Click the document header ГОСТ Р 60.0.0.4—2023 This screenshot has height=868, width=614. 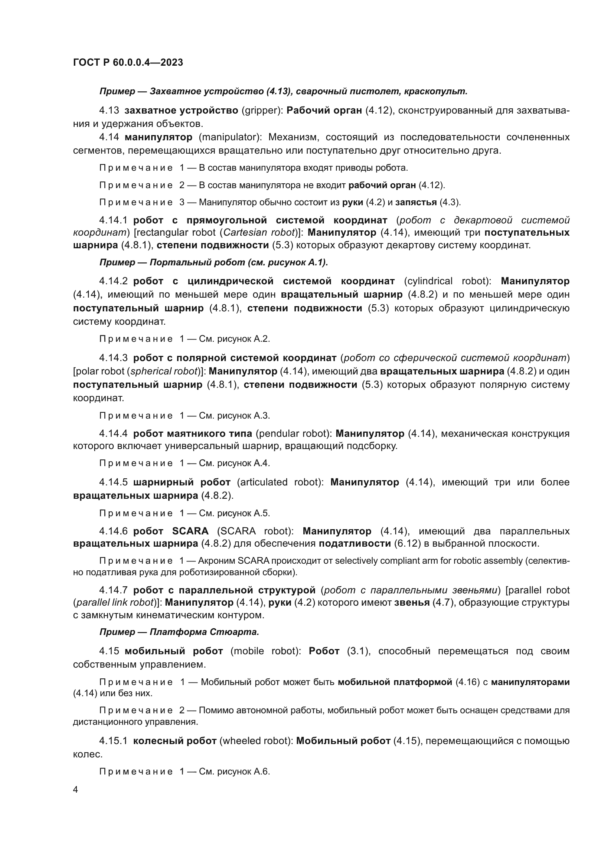128,62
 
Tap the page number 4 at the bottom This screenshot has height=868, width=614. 76,790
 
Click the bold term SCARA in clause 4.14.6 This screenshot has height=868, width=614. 190,531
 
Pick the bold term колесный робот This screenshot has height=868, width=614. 175,741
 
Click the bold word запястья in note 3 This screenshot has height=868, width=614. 416,202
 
